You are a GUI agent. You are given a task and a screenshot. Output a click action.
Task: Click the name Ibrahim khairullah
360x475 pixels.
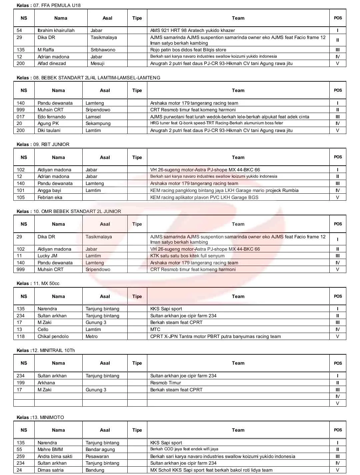tap(56, 30)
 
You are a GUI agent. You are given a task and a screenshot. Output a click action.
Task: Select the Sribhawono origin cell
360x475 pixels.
tap(103, 50)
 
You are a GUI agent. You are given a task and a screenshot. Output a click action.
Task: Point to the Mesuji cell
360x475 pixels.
tap(97, 63)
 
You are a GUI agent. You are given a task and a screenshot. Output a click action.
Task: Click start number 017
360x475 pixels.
tap(21, 117)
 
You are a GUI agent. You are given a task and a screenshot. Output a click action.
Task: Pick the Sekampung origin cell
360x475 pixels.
tap(98, 123)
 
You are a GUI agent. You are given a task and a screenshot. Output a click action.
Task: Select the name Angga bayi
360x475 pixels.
tap(49, 190)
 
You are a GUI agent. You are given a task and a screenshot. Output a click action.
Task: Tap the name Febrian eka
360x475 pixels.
tap(50, 197)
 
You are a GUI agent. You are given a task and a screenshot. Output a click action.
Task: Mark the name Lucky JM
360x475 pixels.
tap(47, 256)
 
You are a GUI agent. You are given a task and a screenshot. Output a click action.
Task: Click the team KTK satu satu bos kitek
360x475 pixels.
tap(187, 256)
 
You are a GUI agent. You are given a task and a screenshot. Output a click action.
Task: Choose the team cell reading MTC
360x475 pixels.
tap(155, 329)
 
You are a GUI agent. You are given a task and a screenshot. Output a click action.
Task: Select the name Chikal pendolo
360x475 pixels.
tap(53, 336)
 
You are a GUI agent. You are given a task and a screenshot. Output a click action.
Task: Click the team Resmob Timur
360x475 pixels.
tap(166, 383)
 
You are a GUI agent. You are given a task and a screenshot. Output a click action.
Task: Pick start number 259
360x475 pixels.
tap(21, 456)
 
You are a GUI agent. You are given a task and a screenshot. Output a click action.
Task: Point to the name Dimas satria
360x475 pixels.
tap(51, 470)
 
